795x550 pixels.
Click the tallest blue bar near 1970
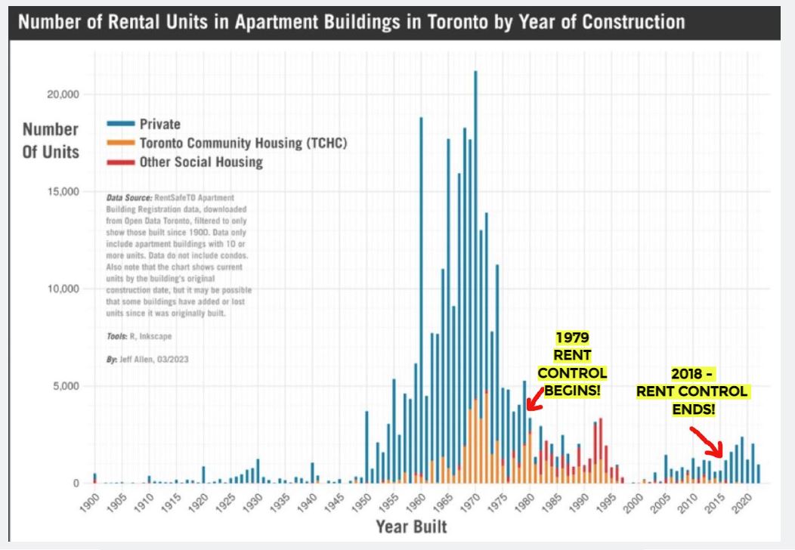point(475,227)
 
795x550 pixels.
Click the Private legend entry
point(159,124)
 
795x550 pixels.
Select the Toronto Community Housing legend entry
point(242,143)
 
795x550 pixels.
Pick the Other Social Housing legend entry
point(200,162)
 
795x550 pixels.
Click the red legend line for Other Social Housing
point(121,162)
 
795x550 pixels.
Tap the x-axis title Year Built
point(411,527)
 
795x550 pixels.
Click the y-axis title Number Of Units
point(51,141)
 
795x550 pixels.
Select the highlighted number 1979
point(572,338)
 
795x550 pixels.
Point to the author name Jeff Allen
point(141,360)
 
